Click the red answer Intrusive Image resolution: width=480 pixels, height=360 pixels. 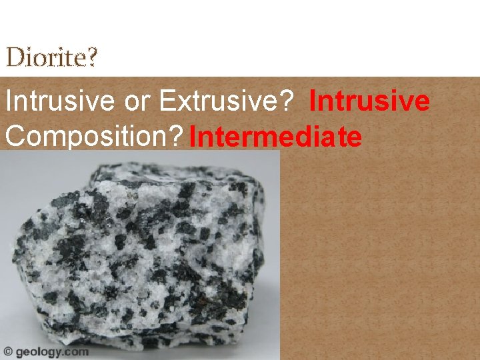369,102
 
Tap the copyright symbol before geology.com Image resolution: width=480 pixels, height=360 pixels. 8,351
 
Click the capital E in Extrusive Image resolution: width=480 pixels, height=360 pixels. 167,102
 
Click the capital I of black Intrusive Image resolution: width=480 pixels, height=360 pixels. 8,102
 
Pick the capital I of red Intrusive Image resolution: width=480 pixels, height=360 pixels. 313,102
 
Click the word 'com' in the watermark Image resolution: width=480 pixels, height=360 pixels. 76,352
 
